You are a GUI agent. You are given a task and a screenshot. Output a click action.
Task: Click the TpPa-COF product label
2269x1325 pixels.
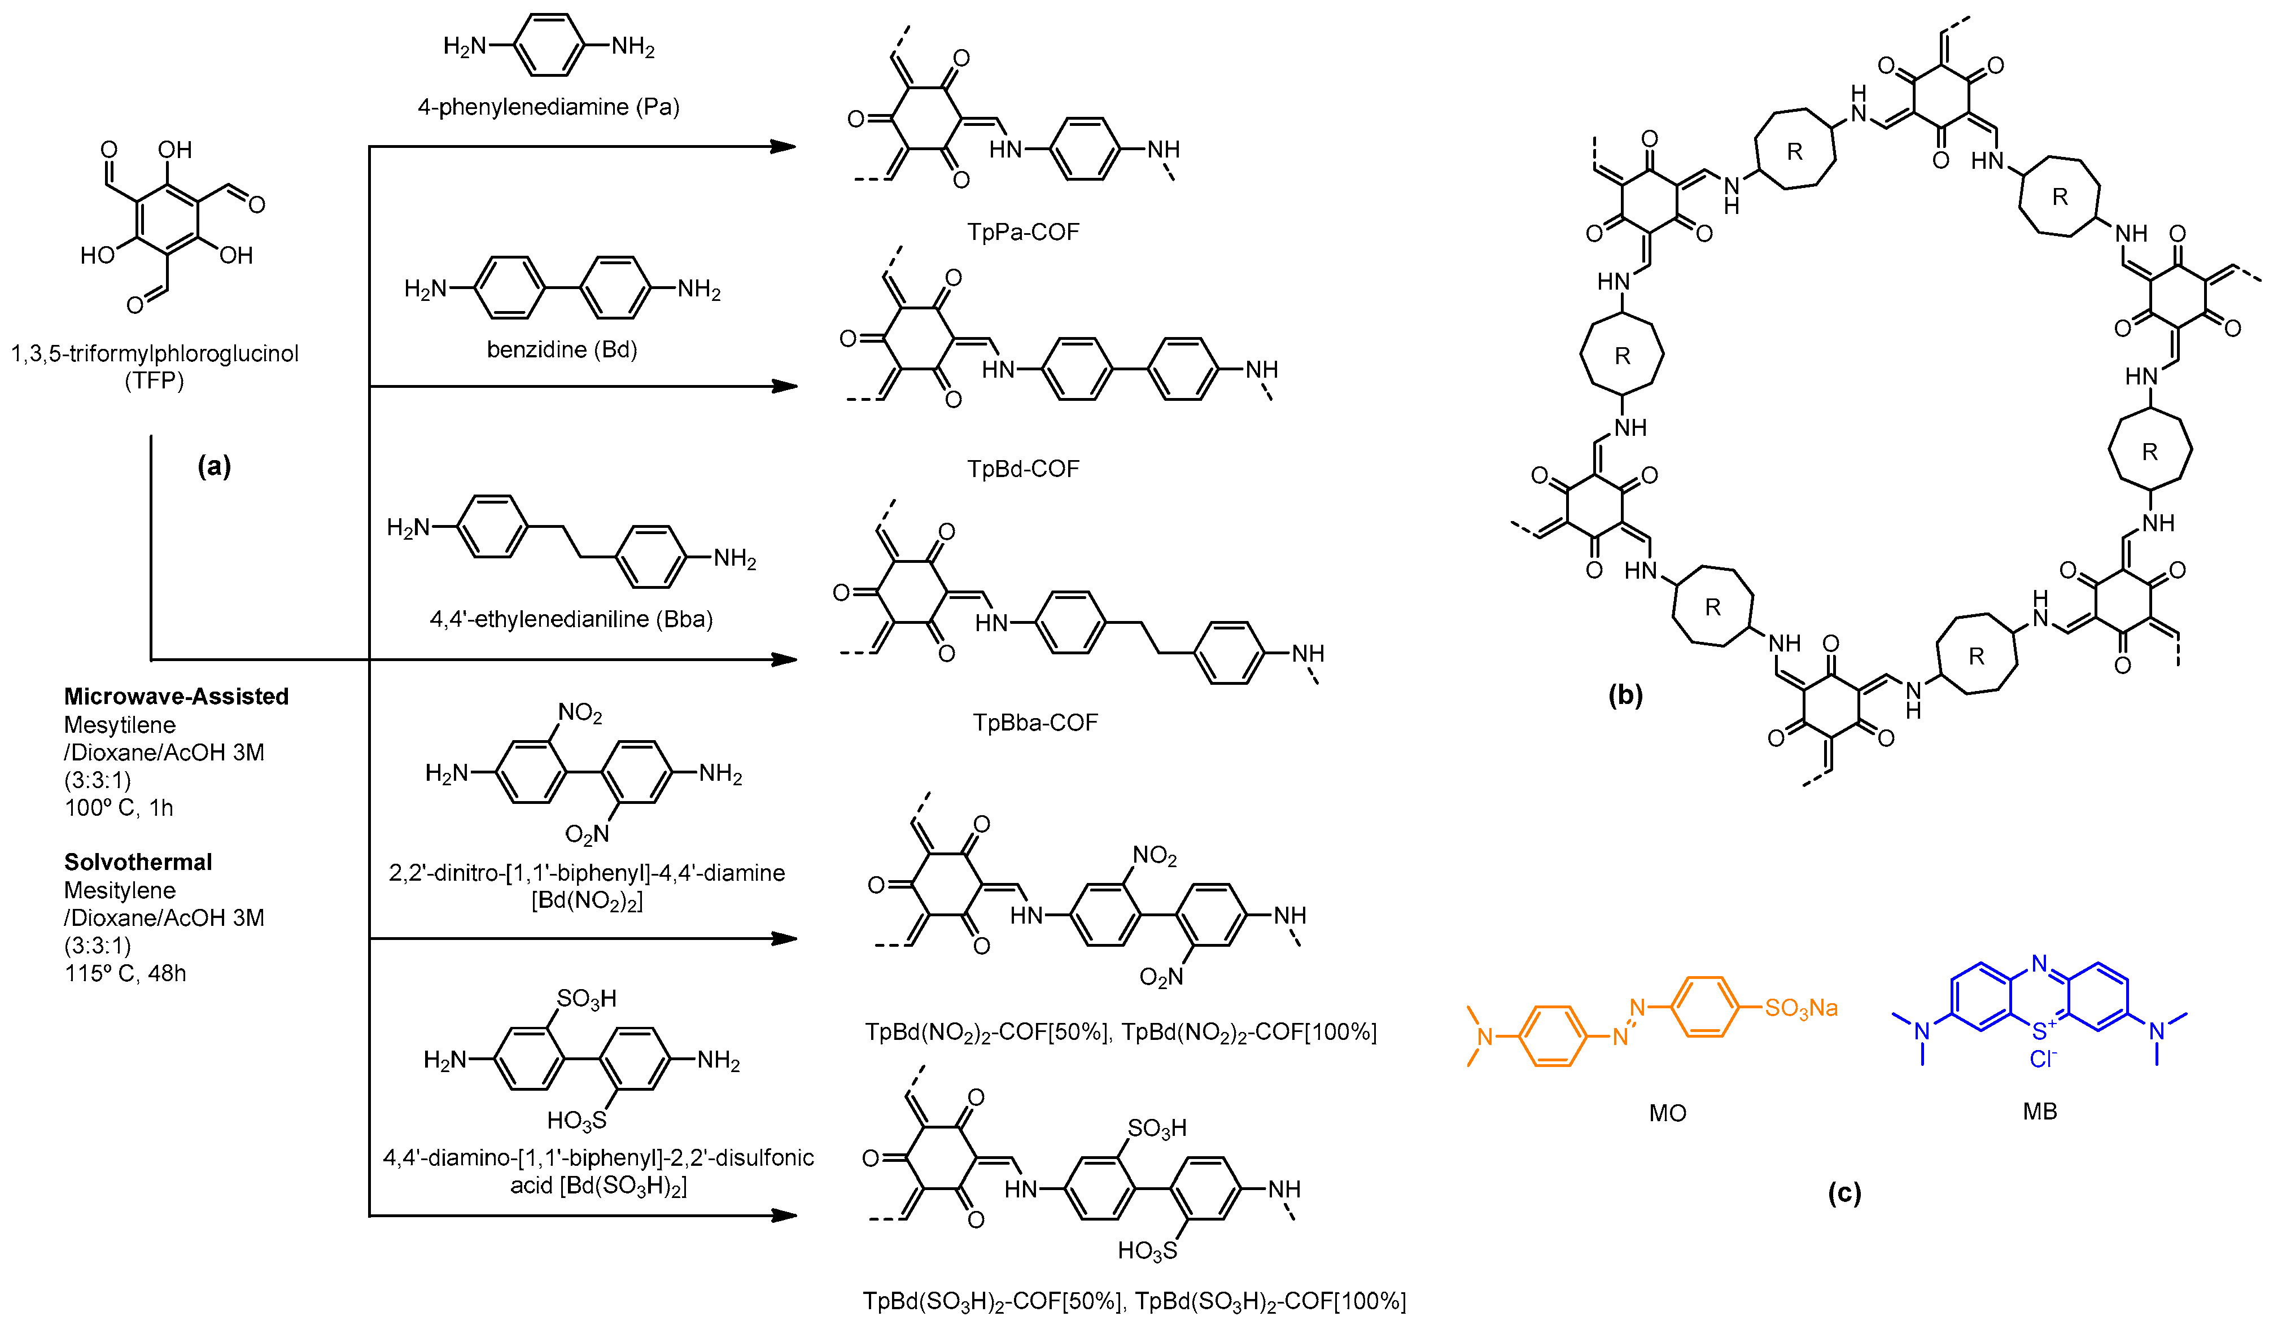tap(1023, 232)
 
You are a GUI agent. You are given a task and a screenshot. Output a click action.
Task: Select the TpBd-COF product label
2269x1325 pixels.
tap(1023, 469)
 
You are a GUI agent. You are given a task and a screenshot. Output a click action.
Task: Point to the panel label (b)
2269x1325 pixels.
tap(1625, 695)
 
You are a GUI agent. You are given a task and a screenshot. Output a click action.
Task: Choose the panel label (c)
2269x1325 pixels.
tap(1844, 1193)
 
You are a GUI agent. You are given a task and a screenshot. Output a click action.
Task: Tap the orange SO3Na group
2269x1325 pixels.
tap(1801, 1008)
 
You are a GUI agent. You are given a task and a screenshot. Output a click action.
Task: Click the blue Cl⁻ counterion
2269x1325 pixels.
tap(2042, 1060)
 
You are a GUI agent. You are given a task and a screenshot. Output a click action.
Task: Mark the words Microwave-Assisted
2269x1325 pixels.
tap(177, 697)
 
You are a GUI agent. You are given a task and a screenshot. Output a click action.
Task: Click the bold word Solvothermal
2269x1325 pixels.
tap(138, 862)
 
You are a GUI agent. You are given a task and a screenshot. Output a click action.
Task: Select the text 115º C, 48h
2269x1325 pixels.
tap(125, 974)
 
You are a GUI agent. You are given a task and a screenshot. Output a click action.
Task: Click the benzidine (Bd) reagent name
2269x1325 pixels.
tap(562, 349)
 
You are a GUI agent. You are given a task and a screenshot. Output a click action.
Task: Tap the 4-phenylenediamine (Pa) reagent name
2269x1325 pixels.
tap(548, 107)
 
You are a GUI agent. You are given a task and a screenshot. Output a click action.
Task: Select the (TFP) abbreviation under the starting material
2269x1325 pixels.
tap(154, 381)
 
